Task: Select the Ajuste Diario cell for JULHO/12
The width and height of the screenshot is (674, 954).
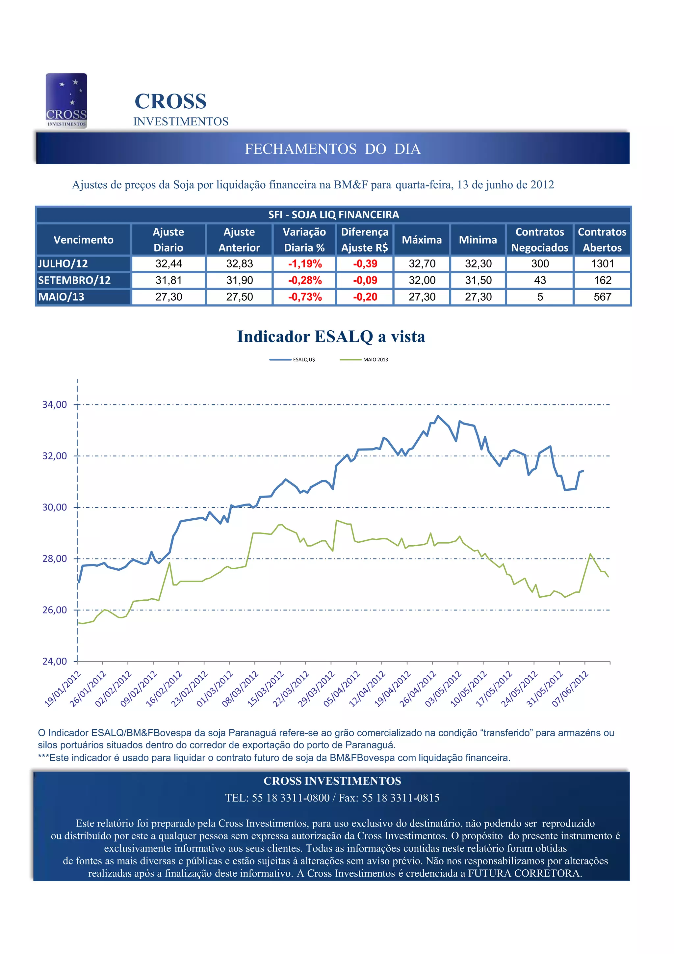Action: click(x=168, y=264)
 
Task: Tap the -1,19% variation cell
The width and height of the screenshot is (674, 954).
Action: click(x=304, y=264)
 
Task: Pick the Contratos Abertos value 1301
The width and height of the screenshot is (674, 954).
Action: click(x=602, y=264)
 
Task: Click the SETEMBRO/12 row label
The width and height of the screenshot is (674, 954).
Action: click(x=75, y=281)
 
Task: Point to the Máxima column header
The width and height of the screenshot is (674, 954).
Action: click(x=422, y=240)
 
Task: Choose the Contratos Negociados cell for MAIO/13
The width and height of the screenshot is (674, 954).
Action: click(x=540, y=297)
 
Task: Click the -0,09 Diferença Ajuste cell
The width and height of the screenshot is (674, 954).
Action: click(x=365, y=281)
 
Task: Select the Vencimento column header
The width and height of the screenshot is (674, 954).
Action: click(x=84, y=240)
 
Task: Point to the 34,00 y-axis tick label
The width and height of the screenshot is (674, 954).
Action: click(x=54, y=405)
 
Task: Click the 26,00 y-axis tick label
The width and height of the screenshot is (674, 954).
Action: click(x=54, y=610)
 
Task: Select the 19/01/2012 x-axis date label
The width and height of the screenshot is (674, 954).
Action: click(x=62, y=689)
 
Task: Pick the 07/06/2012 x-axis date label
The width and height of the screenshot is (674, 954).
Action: click(x=570, y=689)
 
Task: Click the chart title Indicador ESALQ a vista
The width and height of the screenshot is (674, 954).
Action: click(x=331, y=337)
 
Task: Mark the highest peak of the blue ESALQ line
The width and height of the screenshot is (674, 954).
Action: click(x=438, y=416)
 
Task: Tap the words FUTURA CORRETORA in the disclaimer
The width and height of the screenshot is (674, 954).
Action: click(x=524, y=873)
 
